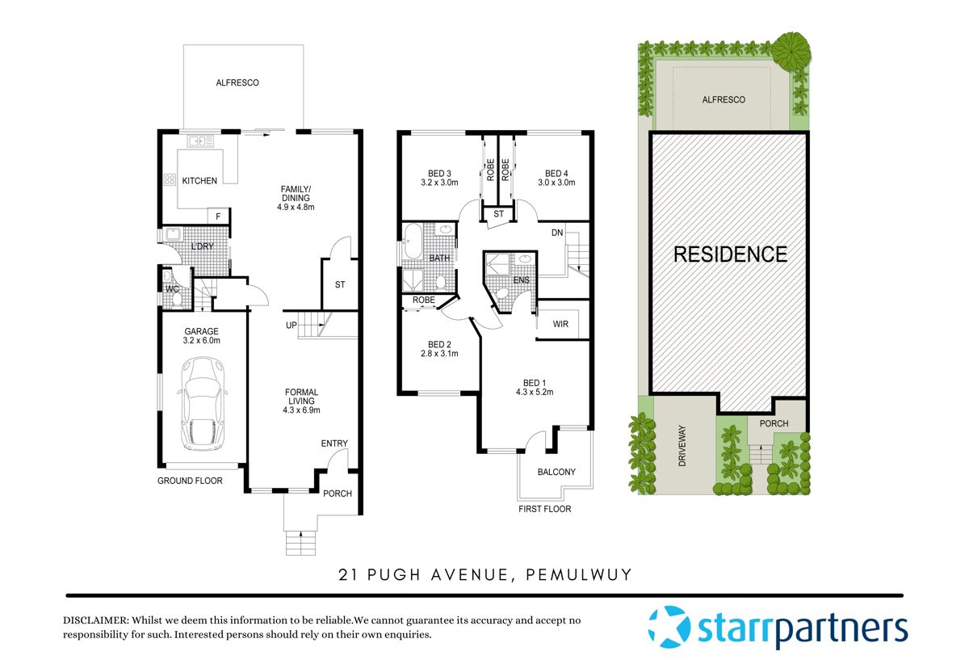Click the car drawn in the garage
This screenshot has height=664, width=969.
[x=202, y=404]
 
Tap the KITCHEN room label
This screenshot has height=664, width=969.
[x=199, y=181]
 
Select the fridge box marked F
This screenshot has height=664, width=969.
[x=218, y=216]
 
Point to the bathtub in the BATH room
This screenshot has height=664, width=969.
[x=412, y=242]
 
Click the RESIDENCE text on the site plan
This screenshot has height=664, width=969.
[x=730, y=254]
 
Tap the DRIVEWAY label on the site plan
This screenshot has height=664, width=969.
[x=682, y=447]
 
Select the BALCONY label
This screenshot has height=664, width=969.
[x=556, y=472]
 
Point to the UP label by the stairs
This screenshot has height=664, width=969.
[x=292, y=326]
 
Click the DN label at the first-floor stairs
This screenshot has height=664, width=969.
[x=557, y=233]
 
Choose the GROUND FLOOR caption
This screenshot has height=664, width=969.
[x=190, y=481]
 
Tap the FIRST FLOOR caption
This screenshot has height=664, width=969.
[x=544, y=509]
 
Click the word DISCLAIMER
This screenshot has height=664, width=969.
[x=95, y=620]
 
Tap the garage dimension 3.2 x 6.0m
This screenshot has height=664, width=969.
[x=202, y=341]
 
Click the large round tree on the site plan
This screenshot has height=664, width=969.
[x=792, y=50]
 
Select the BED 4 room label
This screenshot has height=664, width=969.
[x=556, y=173]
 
